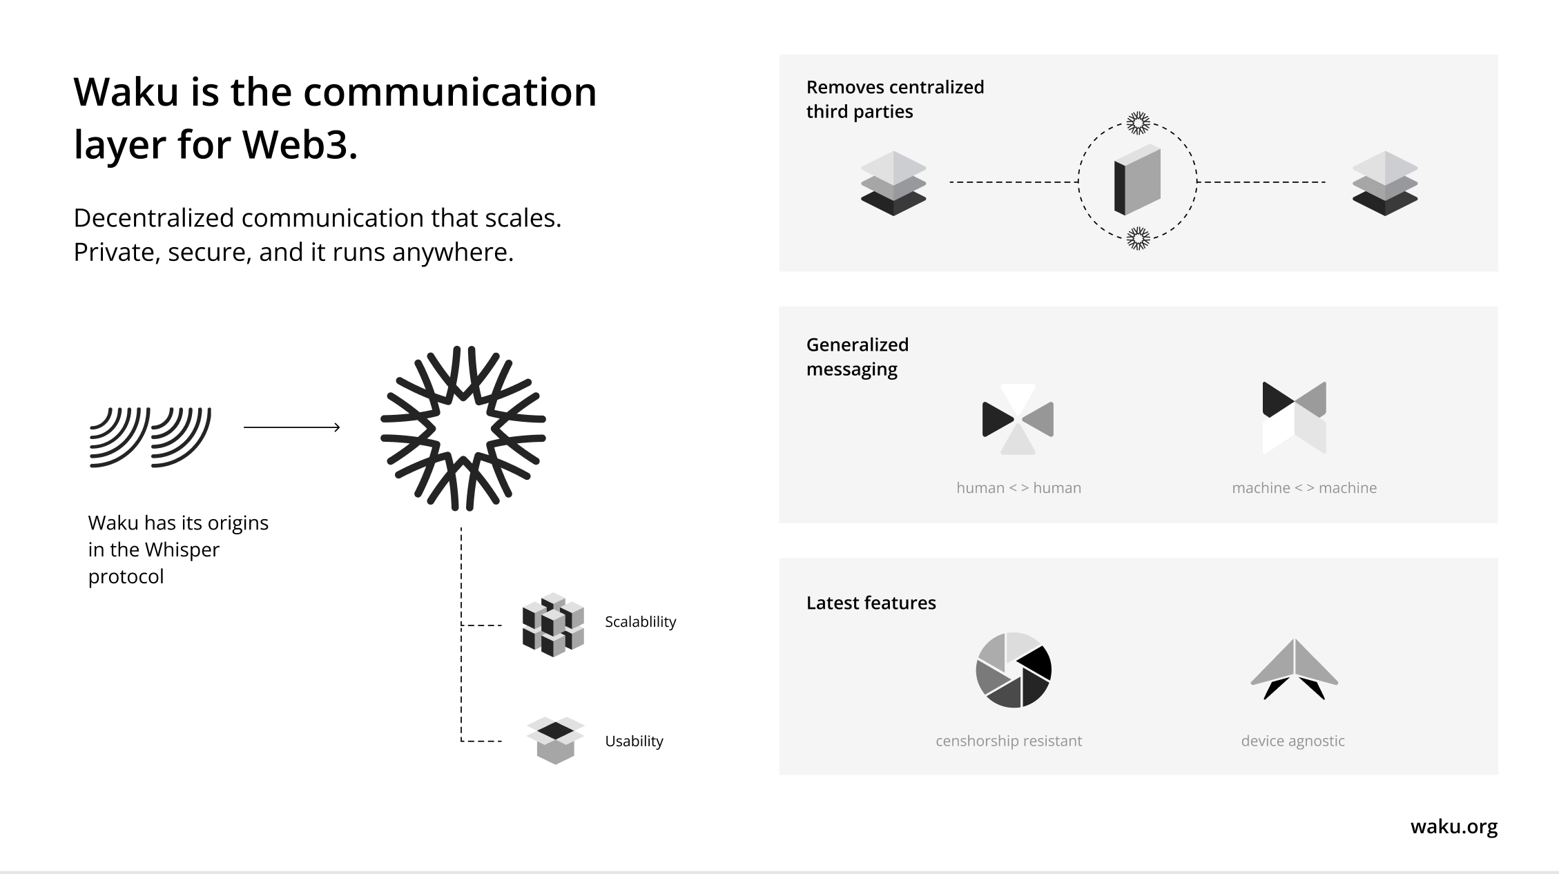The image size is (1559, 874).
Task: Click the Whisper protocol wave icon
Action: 151,437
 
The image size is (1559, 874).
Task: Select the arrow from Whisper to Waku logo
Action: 292,427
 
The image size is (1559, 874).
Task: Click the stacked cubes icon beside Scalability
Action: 553,624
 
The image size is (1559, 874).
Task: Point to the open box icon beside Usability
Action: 556,740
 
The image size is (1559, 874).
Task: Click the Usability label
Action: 634,741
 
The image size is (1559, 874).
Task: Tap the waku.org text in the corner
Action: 1454,826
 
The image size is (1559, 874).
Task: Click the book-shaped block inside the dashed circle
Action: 1137,179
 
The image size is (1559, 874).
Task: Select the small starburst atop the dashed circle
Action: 1138,124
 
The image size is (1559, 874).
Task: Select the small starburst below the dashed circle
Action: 1138,239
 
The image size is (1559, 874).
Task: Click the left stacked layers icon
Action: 893,183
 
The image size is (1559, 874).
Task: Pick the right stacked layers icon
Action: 1385,183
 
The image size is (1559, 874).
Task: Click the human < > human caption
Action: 1019,488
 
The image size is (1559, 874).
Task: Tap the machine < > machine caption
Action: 1304,488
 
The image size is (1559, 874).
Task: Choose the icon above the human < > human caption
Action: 1018,419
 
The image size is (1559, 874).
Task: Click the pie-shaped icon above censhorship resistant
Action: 1014,670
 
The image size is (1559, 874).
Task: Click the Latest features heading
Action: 871,603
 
